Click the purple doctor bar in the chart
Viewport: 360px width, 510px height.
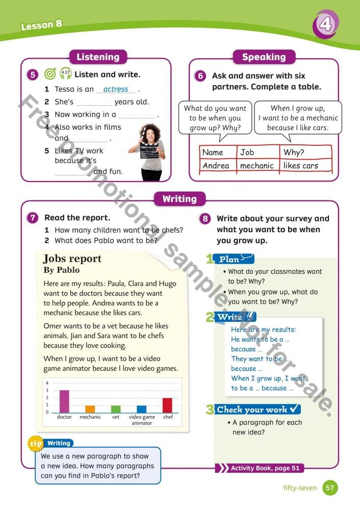click(64, 401)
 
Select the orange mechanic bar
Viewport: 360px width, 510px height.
click(90, 409)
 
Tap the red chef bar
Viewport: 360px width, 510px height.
click(167, 405)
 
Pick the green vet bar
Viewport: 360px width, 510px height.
click(116, 409)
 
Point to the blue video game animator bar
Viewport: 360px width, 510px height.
click(141, 409)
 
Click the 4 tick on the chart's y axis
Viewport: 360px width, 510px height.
click(47, 384)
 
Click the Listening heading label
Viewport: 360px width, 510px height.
click(97, 57)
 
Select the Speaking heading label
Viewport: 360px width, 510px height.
click(264, 57)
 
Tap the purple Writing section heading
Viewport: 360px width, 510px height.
click(179, 198)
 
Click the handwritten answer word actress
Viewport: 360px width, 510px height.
click(116, 89)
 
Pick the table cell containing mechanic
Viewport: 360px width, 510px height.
click(257, 166)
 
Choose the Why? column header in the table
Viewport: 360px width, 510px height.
click(294, 152)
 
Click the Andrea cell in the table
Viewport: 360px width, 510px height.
click(216, 166)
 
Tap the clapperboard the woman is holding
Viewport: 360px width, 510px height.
click(151, 148)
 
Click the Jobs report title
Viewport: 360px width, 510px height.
click(72, 259)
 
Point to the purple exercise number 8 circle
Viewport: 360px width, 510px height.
click(205, 219)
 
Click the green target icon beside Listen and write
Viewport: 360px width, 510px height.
click(49, 74)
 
